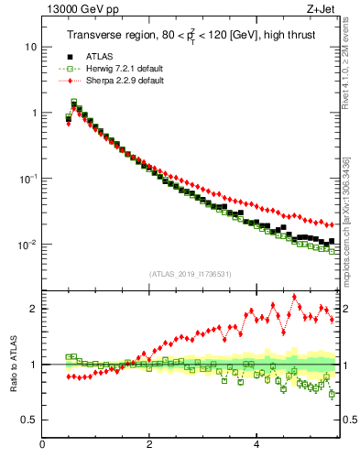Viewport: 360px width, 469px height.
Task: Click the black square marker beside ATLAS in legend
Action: click(x=69, y=57)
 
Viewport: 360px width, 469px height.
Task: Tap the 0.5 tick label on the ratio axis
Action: click(x=30, y=420)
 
